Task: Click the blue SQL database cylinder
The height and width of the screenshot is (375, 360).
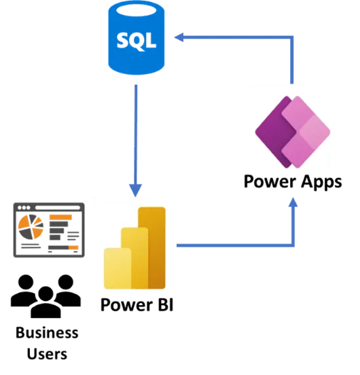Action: click(x=137, y=38)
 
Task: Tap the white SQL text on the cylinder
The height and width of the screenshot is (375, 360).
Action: click(x=137, y=41)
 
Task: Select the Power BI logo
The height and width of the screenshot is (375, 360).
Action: click(x=134, y=248)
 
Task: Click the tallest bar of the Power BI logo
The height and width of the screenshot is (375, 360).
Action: click(x=152, y=248)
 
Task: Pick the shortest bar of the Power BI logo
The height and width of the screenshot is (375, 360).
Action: click(x=118, y=268)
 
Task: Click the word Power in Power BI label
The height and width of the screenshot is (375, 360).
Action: click(x=127, y=305)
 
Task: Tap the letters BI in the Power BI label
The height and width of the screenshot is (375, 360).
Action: click(x=166, y=304)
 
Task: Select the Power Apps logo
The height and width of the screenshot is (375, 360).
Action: click(x=293, y=132)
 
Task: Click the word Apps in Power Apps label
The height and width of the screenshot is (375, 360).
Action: click(x=321, y=183)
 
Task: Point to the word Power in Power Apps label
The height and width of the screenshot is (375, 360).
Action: click(x=270, y=182)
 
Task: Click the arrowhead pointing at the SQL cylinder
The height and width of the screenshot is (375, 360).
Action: click(x=179, y=37)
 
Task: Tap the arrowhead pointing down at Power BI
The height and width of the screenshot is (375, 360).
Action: click(x=136, y=190)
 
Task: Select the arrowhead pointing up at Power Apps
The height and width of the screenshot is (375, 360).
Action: click(x=293, y=202)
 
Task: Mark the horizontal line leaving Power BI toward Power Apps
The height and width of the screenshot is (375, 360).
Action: click(x=235, y=245)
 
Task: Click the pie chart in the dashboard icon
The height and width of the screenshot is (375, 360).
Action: click(x=31, y=227)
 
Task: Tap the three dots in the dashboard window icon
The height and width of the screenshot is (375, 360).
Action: click(x=24, y=208)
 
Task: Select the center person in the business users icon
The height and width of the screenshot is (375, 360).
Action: click(x=46, y=302)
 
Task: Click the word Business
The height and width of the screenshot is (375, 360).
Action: click(x=47, y=333)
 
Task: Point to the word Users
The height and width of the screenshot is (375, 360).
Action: click(x=47, y=354)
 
